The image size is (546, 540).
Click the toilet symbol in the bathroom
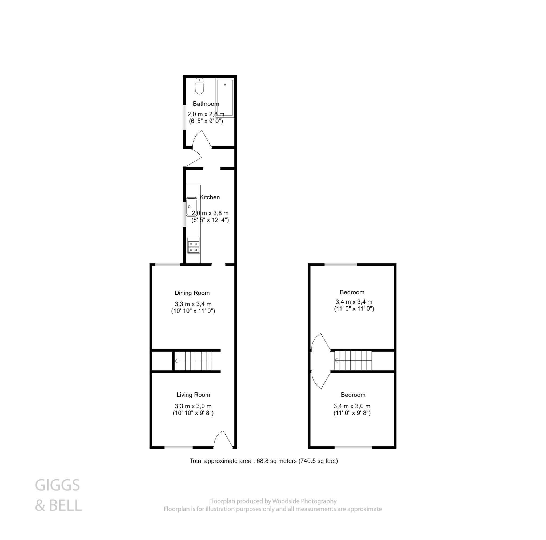point(199,86)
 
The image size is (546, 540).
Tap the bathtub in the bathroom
point(225,98)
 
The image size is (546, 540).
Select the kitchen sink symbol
point(191,207)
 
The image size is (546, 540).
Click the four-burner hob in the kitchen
point(194,246)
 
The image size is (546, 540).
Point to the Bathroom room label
point(206,104)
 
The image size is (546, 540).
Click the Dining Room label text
point(192,293)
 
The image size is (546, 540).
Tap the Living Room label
point(193,395)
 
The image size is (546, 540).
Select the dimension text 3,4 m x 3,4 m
point(354,302)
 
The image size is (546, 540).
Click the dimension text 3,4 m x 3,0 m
point(352,406)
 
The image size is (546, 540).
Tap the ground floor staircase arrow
point(176,361)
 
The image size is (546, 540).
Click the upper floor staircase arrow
point(336,361)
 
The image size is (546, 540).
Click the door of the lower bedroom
point(320,380)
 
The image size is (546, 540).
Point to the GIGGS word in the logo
point(57,485)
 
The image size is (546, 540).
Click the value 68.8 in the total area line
point(263,461)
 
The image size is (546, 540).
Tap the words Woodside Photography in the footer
point(304,501)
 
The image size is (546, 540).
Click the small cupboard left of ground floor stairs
point(162,361)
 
